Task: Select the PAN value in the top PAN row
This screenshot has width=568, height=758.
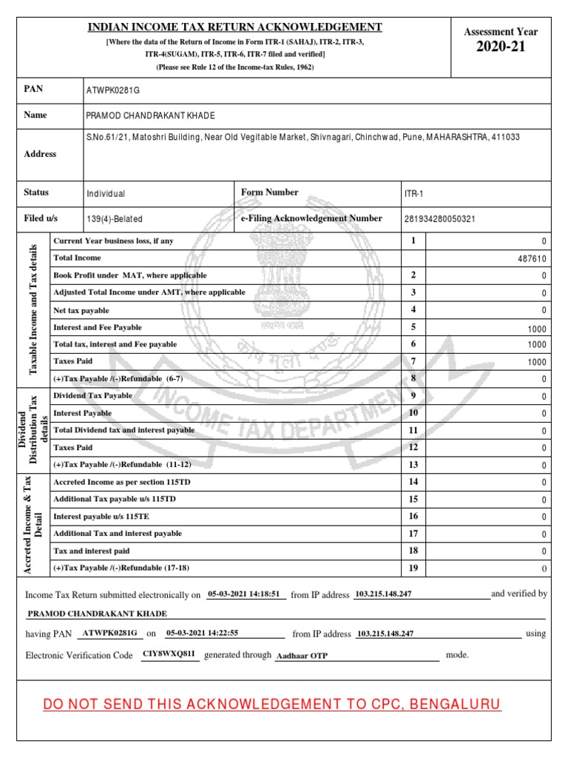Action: click(113, 90)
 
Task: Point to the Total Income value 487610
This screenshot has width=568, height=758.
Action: click(529, 258)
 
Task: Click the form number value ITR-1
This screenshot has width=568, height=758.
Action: click(412, 193)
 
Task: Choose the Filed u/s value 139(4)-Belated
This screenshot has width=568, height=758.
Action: click(115, 219)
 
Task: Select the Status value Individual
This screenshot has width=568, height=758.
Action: click(106, 193)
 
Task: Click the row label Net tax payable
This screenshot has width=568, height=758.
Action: click(81, 309)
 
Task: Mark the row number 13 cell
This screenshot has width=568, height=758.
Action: click(413, 465)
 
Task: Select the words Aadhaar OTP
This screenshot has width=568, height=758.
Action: click(302, 656)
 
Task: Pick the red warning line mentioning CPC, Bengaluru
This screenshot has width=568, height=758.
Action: click(272, 704)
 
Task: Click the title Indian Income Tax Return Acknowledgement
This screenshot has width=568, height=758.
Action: click(235, 27)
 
